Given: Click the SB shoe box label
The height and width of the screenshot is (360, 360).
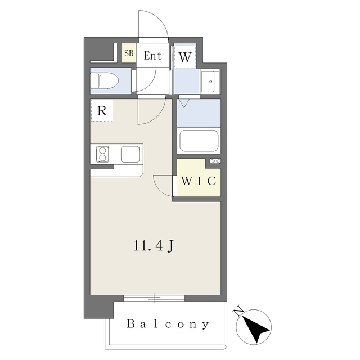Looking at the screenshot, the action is (129, 53).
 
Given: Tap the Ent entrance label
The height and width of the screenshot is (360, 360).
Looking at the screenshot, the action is (152, 56).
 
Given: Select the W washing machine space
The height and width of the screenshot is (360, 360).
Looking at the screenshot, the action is (185, 57).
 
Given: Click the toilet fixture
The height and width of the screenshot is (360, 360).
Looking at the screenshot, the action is (105, 80).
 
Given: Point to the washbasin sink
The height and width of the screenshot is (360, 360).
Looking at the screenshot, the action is (210, 82).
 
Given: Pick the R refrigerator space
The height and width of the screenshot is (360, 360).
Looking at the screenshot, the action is (102, 110).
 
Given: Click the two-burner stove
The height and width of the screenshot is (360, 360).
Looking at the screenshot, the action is (102, 154).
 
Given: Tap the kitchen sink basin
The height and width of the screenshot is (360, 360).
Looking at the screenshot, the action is (130, 154).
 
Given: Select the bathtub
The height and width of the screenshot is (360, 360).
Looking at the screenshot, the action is (199, 141).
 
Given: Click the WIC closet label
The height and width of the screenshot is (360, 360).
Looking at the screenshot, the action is (199, 181).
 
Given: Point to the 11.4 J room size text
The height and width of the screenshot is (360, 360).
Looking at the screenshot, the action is (154, 246).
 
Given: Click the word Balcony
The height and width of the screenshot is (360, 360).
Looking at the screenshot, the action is (168, 324).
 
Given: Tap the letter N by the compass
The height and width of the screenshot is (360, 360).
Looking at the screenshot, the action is (238, 310).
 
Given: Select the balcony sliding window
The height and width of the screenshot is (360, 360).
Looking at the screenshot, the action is (154, 298).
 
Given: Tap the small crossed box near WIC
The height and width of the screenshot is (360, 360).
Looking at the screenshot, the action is (215, 161).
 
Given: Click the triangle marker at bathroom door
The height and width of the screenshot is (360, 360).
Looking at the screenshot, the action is (184, 103).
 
